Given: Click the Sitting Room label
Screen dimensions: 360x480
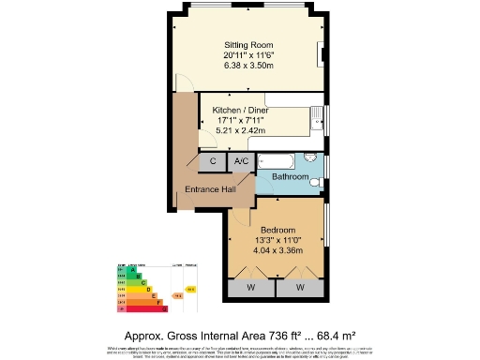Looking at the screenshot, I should coord(248,44).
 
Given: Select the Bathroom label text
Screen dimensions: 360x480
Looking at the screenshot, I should coord(290,176).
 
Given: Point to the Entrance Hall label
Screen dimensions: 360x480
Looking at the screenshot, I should coord(209,190).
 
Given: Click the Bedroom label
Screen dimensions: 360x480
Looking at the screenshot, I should coord(278,230).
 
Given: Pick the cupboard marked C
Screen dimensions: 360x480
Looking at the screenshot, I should coord(213,162).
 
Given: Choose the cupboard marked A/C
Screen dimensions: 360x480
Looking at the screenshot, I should coord(241,162).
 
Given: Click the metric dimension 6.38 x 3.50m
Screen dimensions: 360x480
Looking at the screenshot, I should coord(248,66).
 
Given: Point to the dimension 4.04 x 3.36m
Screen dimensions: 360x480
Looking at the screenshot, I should coord(278,250).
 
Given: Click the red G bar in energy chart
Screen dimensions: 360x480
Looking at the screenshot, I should coord(143,307).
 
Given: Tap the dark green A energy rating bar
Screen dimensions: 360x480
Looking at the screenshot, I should coord(124,269).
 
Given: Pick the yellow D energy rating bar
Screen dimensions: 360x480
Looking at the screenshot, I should coord(133,289).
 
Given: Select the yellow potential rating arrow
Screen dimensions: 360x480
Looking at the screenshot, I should coord(191,289).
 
